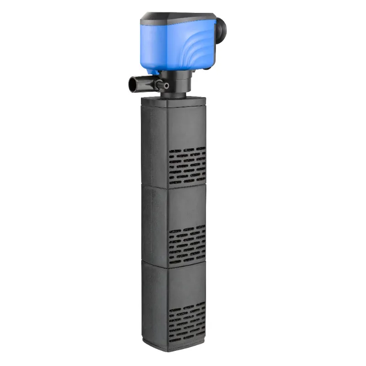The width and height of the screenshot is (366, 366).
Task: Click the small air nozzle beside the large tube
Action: (x=165, y=85)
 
